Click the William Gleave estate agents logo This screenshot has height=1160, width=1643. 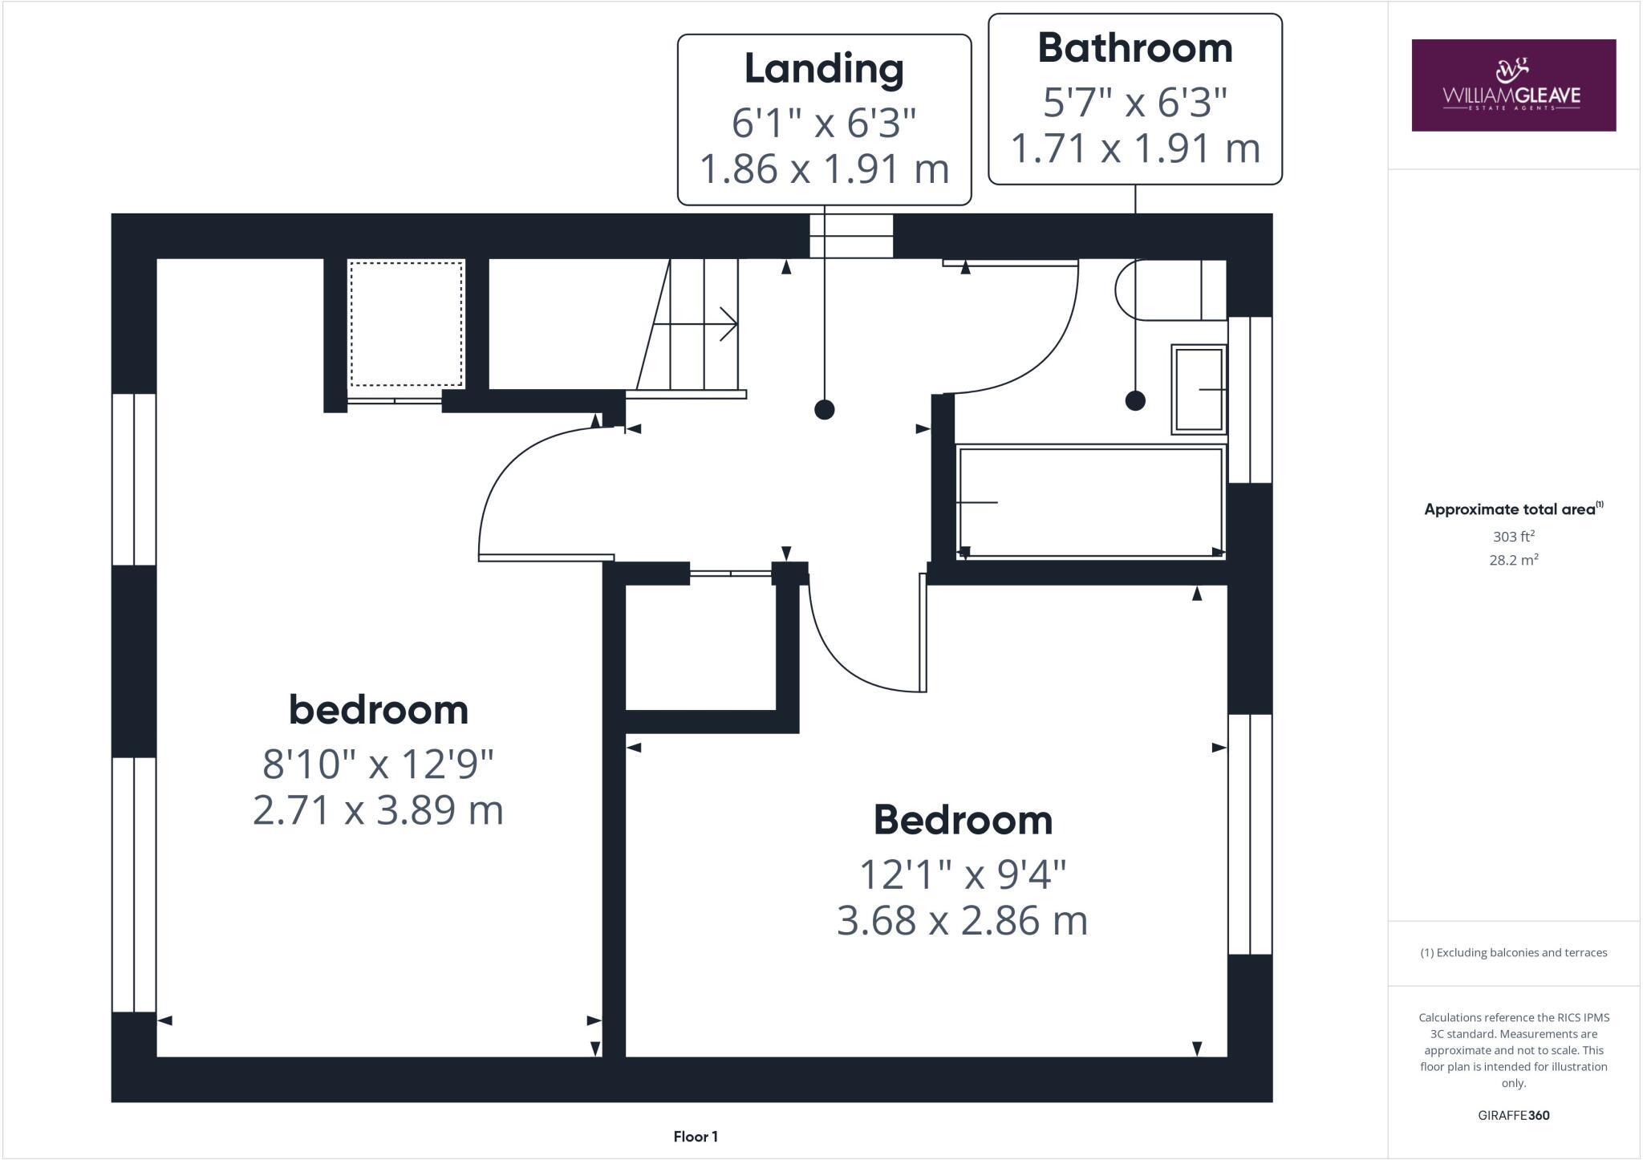[1513, 85]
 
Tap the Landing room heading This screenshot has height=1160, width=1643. [824, 69]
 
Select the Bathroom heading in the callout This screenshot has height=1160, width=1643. [1134, 49]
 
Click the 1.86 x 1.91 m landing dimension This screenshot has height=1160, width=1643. [824, 169]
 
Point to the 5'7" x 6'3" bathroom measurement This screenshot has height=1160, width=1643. [1134, 103]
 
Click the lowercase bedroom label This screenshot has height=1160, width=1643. [378, 711]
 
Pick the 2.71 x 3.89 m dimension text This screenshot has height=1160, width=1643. [378, 810]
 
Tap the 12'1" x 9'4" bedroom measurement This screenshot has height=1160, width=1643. [963, 874]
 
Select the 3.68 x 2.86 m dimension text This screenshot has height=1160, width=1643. [963, 921]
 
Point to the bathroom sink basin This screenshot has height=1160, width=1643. [1199, 389]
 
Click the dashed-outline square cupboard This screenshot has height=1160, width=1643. [406, 323]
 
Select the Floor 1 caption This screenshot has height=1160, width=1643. [696, 1137]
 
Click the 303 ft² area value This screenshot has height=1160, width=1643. [1513, 537]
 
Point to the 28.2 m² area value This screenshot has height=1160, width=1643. [1513, 560]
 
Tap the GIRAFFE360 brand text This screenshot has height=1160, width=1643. [1513, 1115]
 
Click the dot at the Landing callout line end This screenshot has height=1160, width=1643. [824, 410]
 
